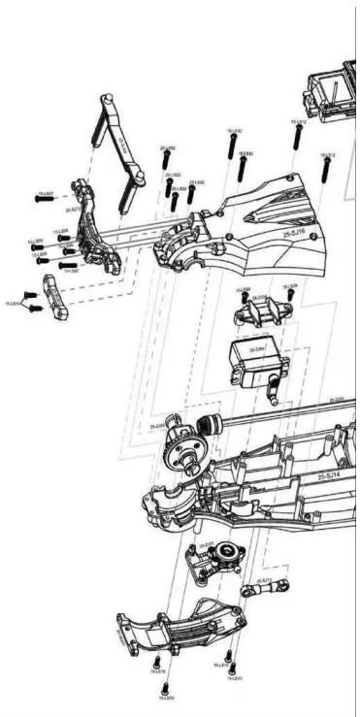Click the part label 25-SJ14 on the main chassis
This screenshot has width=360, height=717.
pos(328,475)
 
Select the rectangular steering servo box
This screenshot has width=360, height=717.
pos(250,362)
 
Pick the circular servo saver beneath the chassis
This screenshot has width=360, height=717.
pos(226,556)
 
